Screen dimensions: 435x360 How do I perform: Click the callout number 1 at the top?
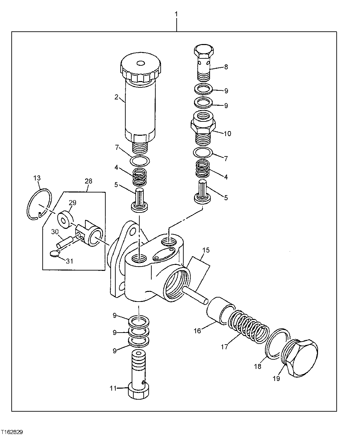tap(176, 14)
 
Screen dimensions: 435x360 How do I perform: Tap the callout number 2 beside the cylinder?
tap(116, 97)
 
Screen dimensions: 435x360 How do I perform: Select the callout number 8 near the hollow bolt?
tap(226, 67)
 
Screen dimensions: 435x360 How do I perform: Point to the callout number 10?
tap(227, 134)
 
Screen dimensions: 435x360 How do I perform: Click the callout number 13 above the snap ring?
tap(37, 178)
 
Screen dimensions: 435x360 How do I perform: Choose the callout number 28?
tap(88, 181)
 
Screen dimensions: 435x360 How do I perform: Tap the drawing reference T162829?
tap(12, 432)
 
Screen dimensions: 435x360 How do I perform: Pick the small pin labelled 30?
tap(64, 242)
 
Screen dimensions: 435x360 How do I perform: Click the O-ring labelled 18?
tap(276, 344)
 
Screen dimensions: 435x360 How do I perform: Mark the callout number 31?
tap(69, 261)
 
